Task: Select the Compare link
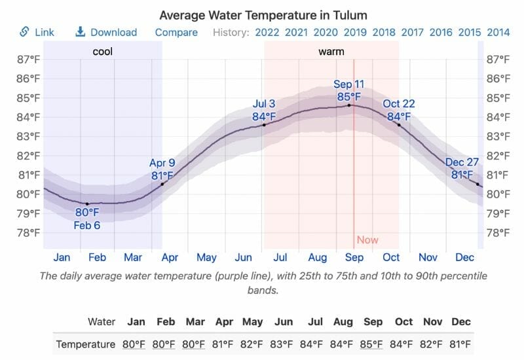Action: click(176, 32)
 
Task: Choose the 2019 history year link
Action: click(354, 32)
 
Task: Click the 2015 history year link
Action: click(469, 32)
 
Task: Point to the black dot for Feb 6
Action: click(87, 204)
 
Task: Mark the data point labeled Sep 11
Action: click(349, 105)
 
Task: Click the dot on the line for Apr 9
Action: click(162, 184)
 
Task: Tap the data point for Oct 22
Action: click(398, 125)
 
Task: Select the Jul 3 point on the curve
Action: click(264, 125)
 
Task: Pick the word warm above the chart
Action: click(331, 51)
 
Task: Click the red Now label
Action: click(367, 240)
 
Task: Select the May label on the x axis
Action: click(206, 257)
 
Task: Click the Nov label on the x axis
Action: click(428, 257)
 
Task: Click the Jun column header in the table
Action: click(284, 321)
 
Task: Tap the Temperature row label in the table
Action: click(86, 344)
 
